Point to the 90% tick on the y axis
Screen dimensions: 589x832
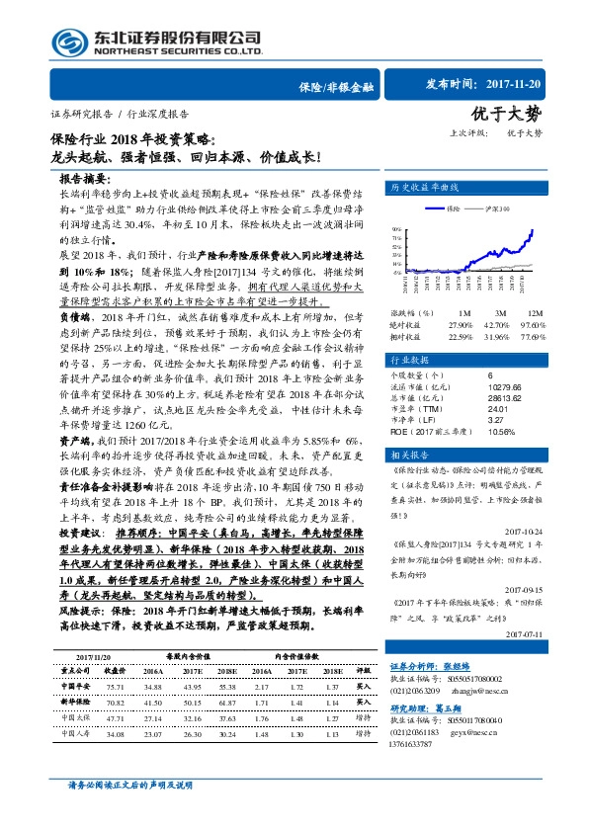click(396, 228)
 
